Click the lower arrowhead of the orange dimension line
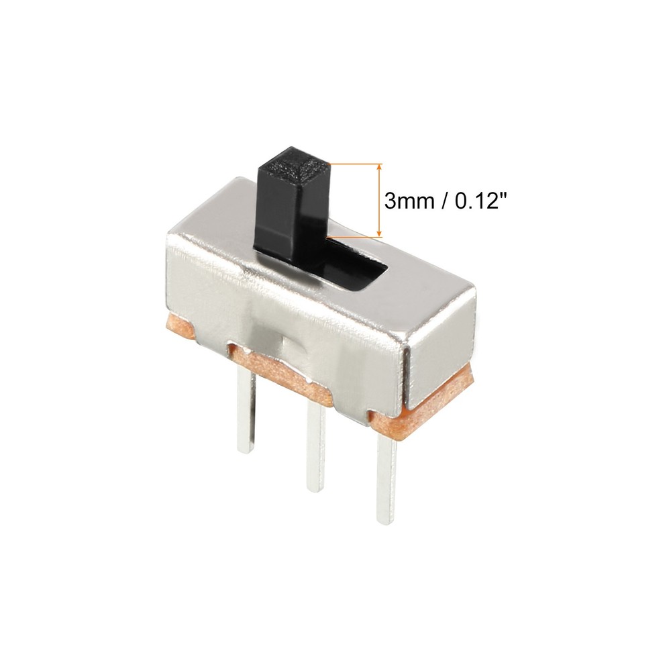point(380,232)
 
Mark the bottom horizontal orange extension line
point(354,236)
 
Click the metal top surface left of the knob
point(215,215)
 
